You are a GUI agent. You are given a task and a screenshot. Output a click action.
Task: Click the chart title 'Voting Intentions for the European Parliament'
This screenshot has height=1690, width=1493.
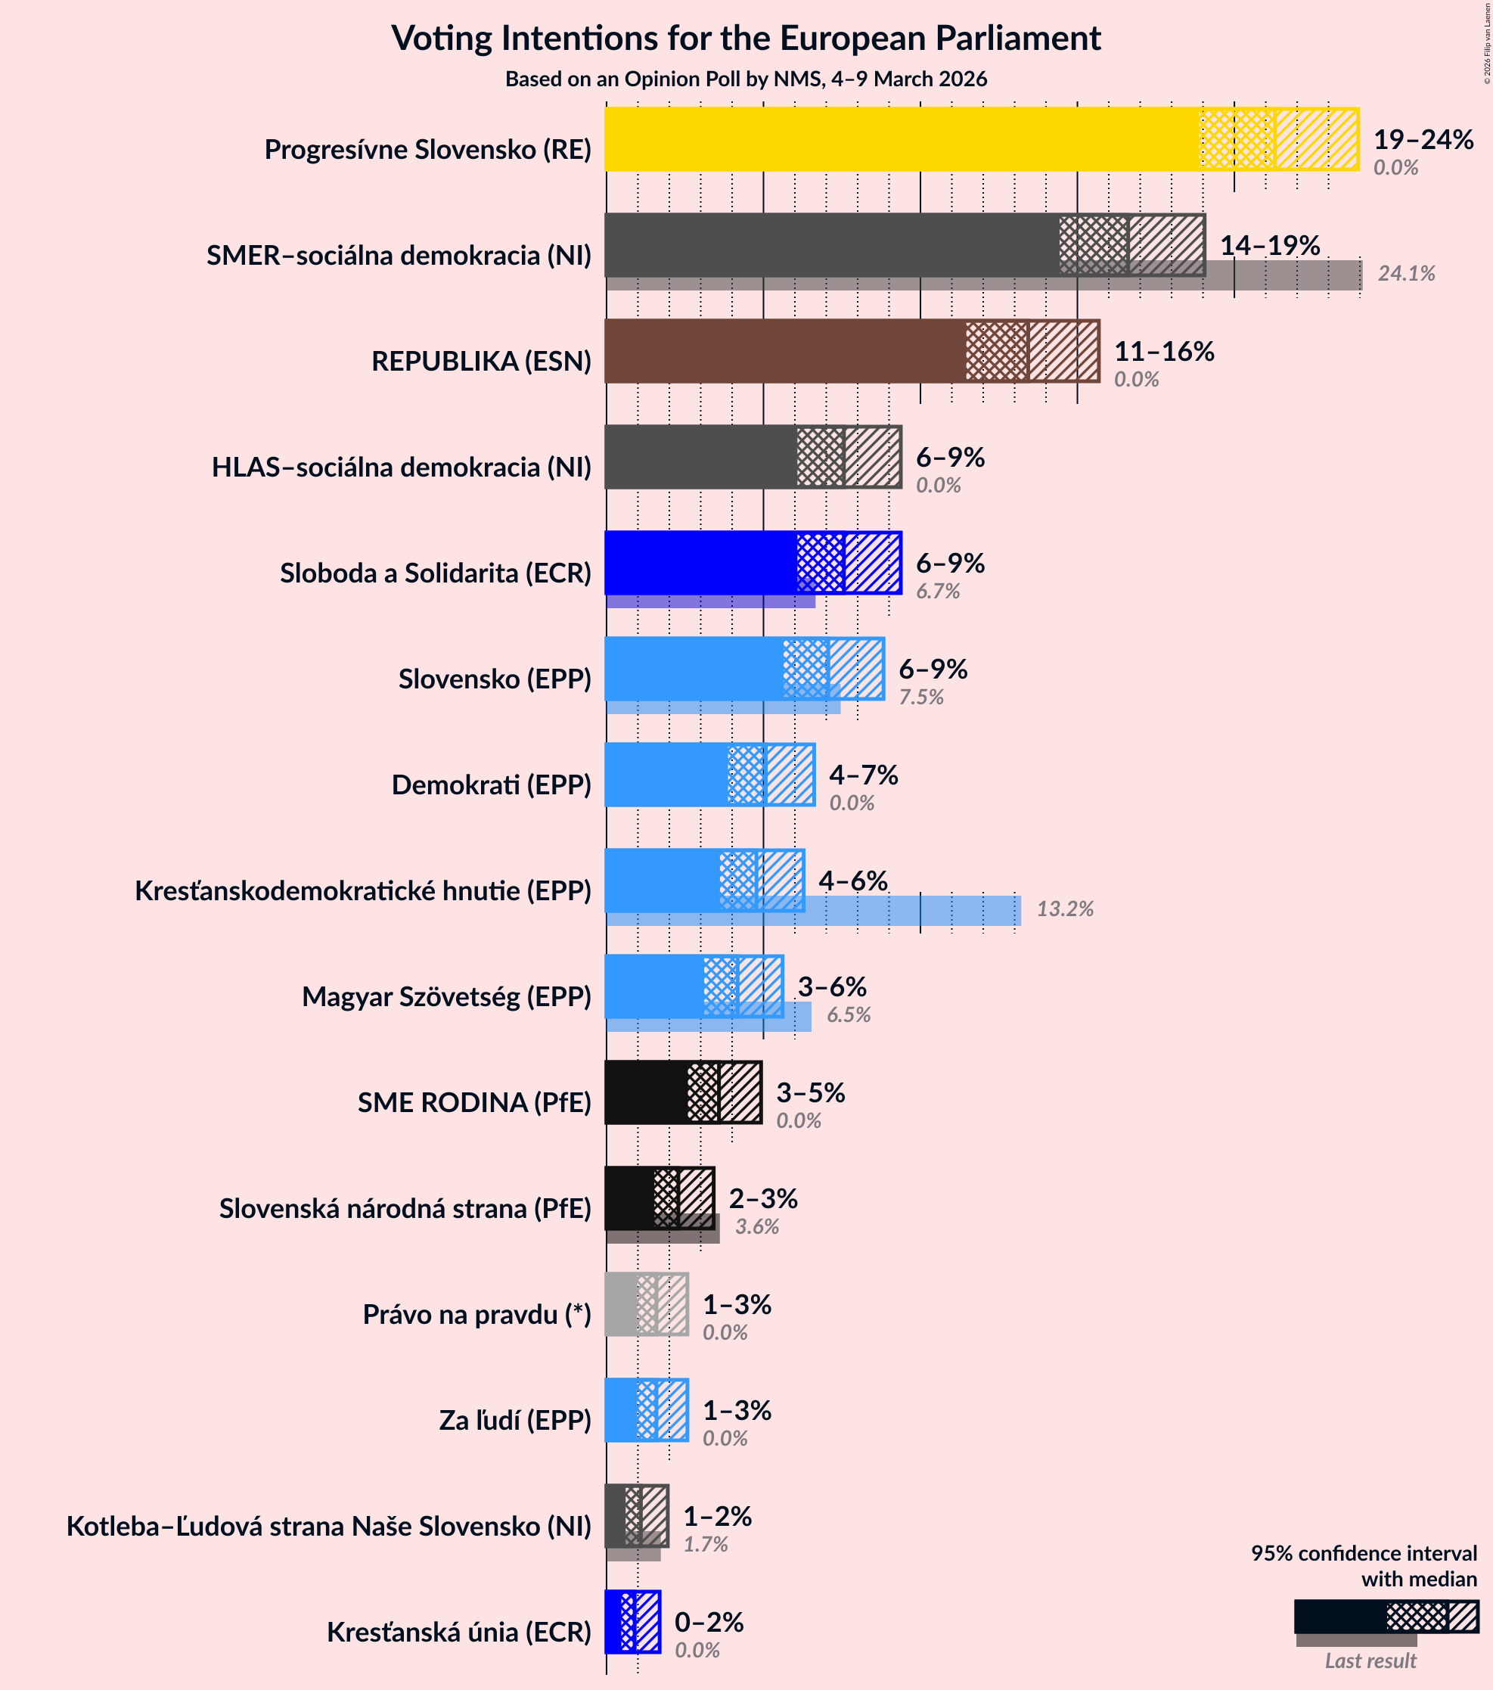coord(746,39)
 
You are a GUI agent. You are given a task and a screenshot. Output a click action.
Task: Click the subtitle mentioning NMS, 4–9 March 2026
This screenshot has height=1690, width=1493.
coord(746,79)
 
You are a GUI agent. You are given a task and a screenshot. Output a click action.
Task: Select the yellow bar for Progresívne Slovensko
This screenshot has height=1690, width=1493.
coord(901,139)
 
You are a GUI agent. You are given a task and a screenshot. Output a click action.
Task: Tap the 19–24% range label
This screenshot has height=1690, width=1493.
coord(1423,140)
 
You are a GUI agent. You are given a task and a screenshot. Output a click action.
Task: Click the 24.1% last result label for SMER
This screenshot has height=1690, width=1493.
coord(1405,274)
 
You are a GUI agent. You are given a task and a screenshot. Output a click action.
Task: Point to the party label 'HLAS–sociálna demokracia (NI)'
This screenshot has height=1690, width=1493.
coord(402,468)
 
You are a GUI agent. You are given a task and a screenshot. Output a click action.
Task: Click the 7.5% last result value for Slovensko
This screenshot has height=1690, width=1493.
coord(921,697)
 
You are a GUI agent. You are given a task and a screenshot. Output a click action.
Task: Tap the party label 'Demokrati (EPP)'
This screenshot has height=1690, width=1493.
coord(491,784)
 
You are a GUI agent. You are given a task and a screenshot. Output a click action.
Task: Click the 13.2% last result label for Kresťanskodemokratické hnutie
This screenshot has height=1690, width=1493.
coord(1065,909)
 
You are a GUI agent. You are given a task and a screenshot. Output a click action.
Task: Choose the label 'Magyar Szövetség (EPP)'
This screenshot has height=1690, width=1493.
coord(446,997)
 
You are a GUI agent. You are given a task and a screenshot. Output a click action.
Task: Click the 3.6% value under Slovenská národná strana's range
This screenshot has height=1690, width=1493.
coord(756,1227)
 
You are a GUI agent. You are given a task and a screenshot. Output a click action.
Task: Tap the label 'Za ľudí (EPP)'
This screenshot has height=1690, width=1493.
coord(515,1421)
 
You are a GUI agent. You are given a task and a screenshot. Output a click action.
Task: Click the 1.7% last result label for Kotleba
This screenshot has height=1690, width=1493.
coord(705,1545)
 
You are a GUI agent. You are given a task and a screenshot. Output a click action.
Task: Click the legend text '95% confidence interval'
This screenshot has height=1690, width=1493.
coord(1363,1554)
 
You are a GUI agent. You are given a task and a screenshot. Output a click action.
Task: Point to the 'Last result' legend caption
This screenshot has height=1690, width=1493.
coord(1370,1661)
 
